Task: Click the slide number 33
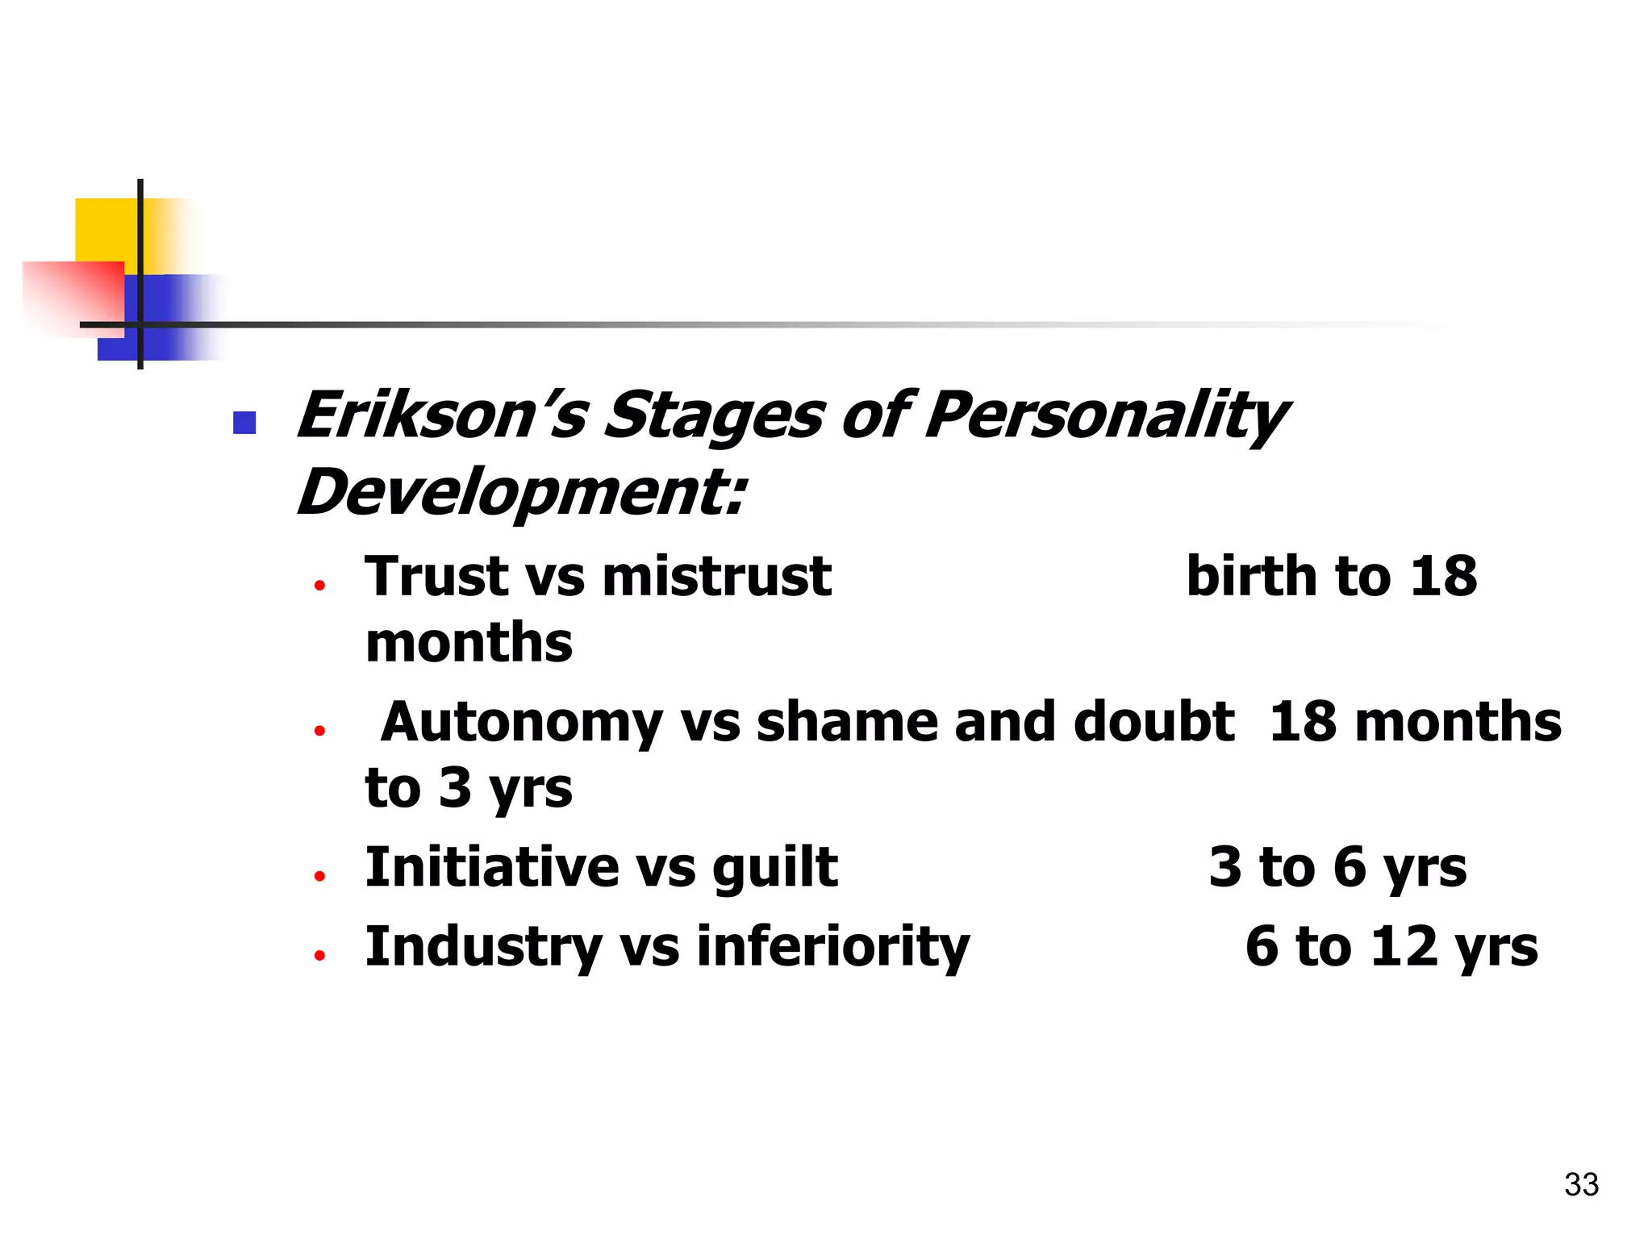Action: (1581, 1185)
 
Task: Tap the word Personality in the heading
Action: (1105, 416)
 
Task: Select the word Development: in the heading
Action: (521, 492)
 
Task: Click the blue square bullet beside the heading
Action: (244, 423)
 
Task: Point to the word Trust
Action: (436, 577)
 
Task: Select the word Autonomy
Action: (521, 722)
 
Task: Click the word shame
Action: (847, 722)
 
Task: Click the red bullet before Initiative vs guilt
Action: (320, 876)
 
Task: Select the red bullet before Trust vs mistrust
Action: (320, 586)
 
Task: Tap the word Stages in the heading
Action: (713, 416)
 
